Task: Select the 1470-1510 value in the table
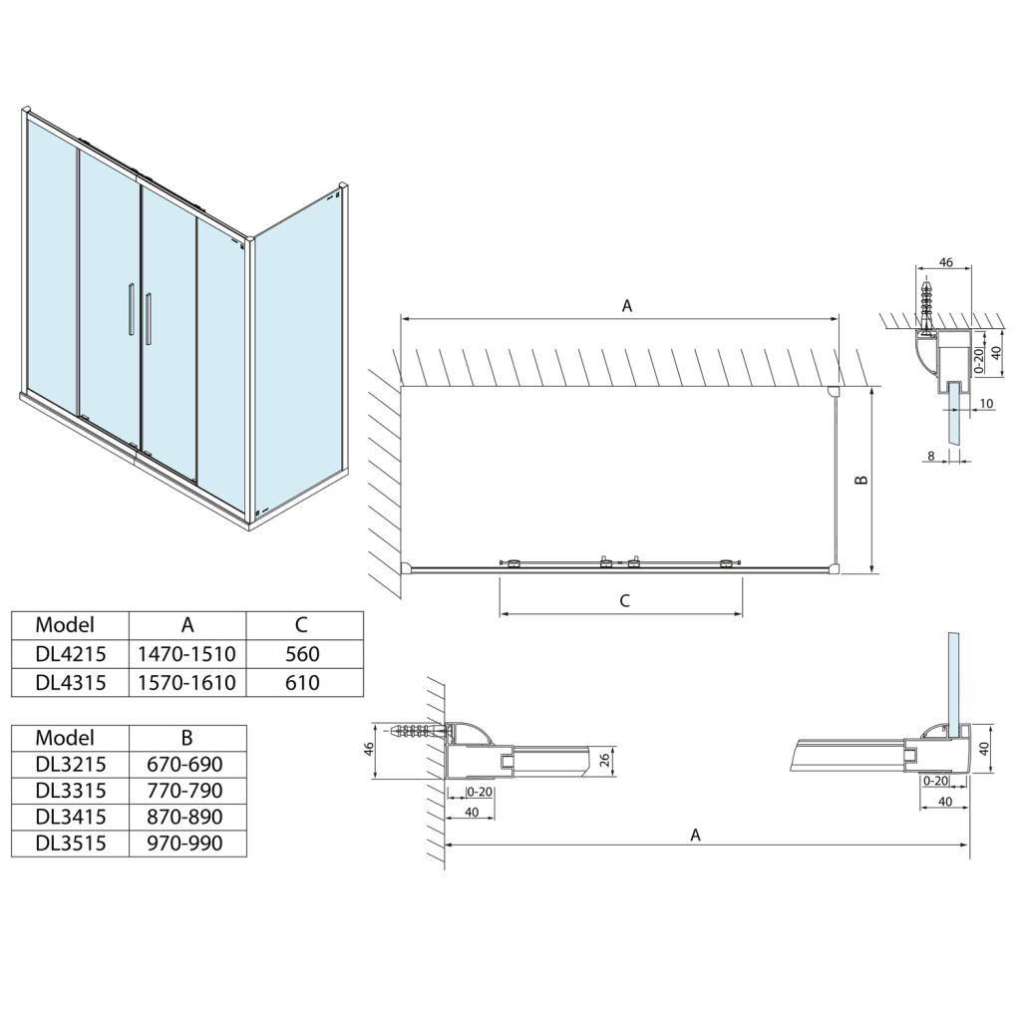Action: [187, 654]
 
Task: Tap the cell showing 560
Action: [301, 654]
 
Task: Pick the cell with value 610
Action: [301, 682]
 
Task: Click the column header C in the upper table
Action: [301, 625]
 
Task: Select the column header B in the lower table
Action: [187, 738]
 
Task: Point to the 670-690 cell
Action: [187, 765]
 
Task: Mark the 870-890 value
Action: [187, 817]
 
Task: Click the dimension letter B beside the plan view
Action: [862, 480]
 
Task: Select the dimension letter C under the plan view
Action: [624, 600]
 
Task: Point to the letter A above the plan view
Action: [627, 306]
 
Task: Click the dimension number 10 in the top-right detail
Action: [986, 404]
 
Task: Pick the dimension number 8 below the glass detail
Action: [930, 456]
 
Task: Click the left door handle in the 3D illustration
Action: [130, 309]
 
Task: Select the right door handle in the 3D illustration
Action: [149, 318]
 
